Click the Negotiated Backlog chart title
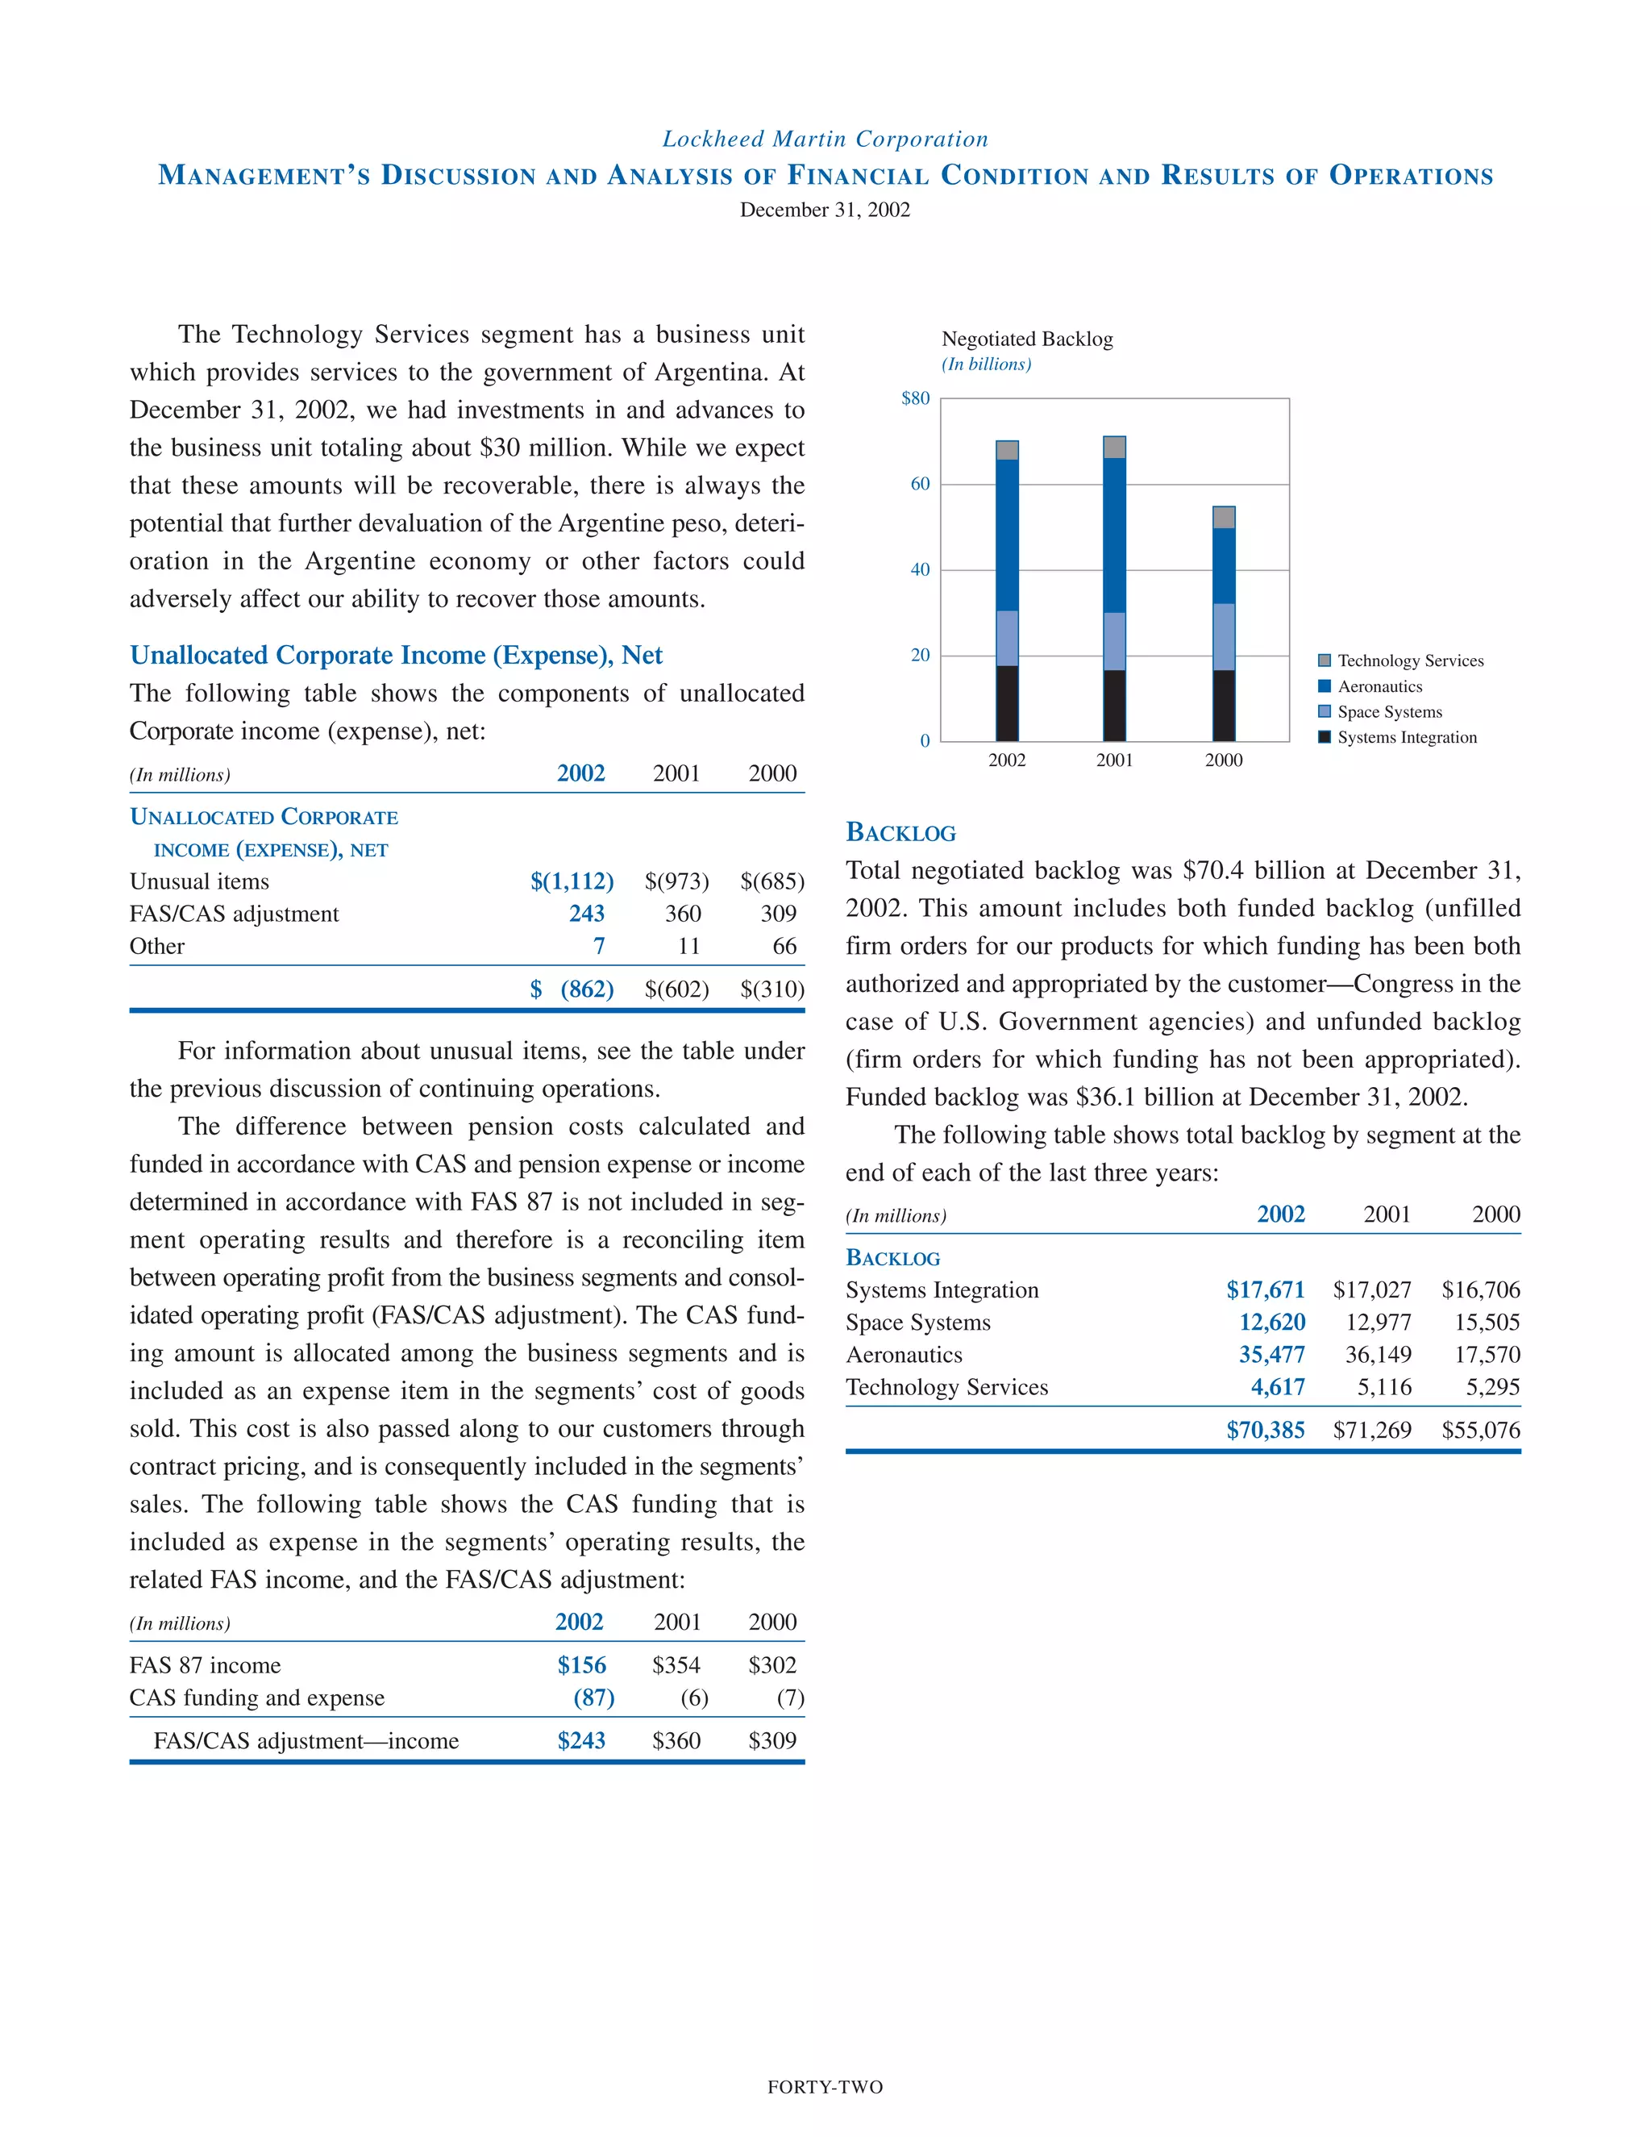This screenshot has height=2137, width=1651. click(x=1026, y=339)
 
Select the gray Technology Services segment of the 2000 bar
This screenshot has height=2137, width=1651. click(x=1223, y=517)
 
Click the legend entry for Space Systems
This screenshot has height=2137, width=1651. click(x=1389, y=712)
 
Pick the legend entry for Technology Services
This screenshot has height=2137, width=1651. click(x=1409, y=661)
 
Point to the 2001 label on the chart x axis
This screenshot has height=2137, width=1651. click(x=1114, y=760)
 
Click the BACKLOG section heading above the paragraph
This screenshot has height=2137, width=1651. click(x=900, y=833)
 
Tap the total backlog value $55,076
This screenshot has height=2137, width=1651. click(x=1480, y=1430)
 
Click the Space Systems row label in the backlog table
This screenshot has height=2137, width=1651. click(x=917, y=1322)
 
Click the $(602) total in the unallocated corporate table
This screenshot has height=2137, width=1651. click(x=676, y=989)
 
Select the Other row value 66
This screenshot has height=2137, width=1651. click(x=784, y=946)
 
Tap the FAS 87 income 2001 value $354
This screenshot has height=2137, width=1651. click(x=676, y=1665)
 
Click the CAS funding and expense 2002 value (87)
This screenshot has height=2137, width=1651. click(x=593, y=1698)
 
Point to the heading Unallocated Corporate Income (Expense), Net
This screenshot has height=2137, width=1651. click(x=396, y=655)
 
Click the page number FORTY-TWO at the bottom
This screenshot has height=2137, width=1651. click(x=825, y=2087)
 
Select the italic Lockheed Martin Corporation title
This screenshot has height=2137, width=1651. click(x=825, y=139)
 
